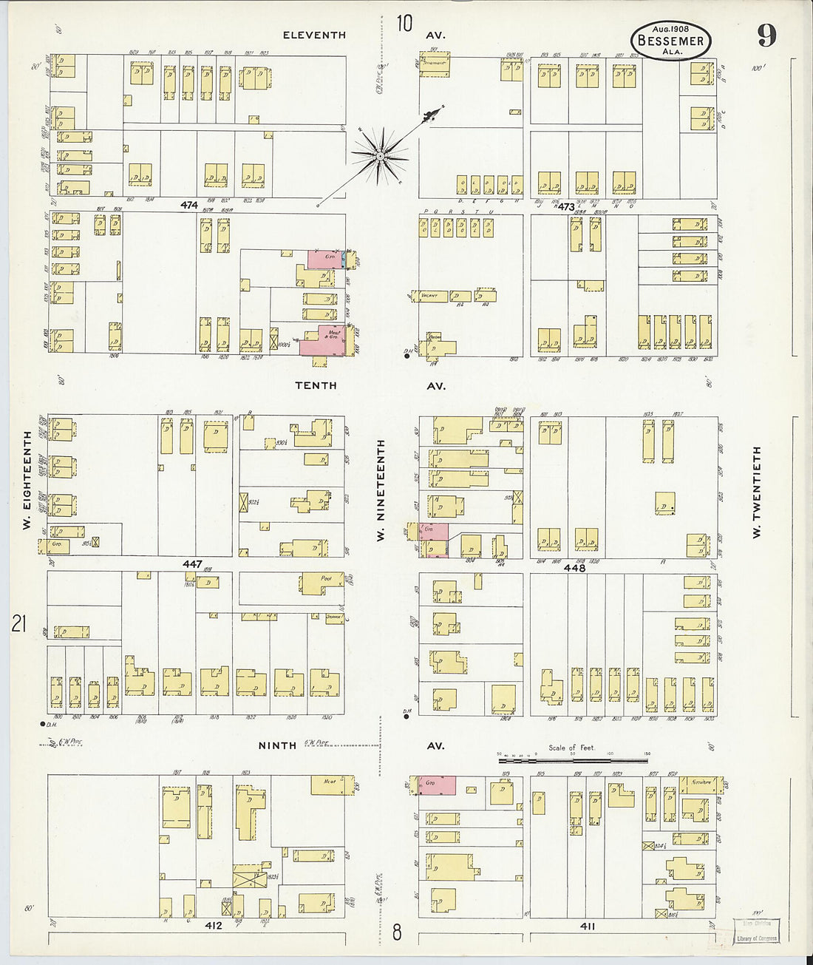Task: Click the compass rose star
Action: [x=380, y=155]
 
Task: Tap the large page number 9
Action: [x=766, y=35]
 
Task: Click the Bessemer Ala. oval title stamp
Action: [x=670, y=41]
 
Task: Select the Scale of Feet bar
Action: [x=574, y=759]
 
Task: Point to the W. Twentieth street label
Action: [x=757, y=491]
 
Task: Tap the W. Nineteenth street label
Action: [x=381, y=490]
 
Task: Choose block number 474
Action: [x=189, y=205]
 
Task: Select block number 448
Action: [x=574, y=568]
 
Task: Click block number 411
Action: [x=588, y=925]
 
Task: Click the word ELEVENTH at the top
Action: [x=314, y=35]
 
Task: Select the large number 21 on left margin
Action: [x=18, y=624]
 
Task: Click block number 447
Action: [x=192, y=563]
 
